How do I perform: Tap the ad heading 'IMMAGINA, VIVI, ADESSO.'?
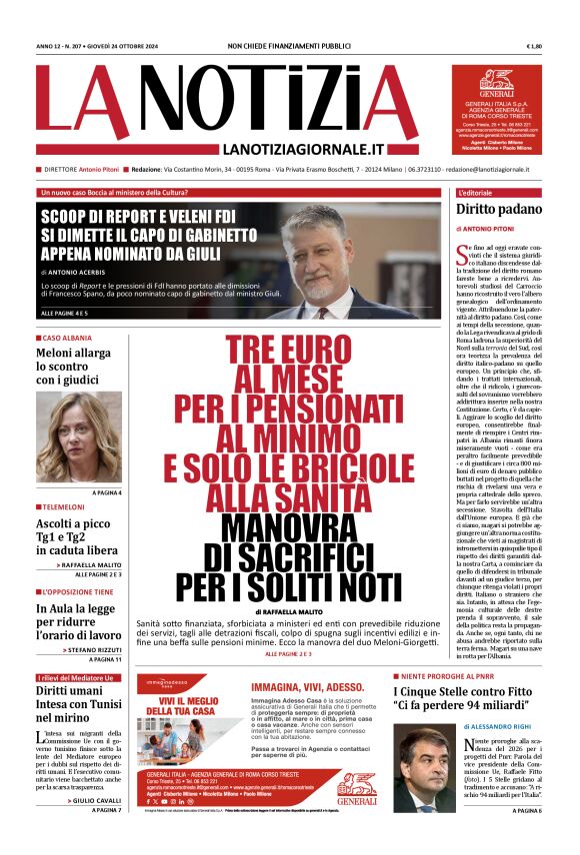click(313, 688)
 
